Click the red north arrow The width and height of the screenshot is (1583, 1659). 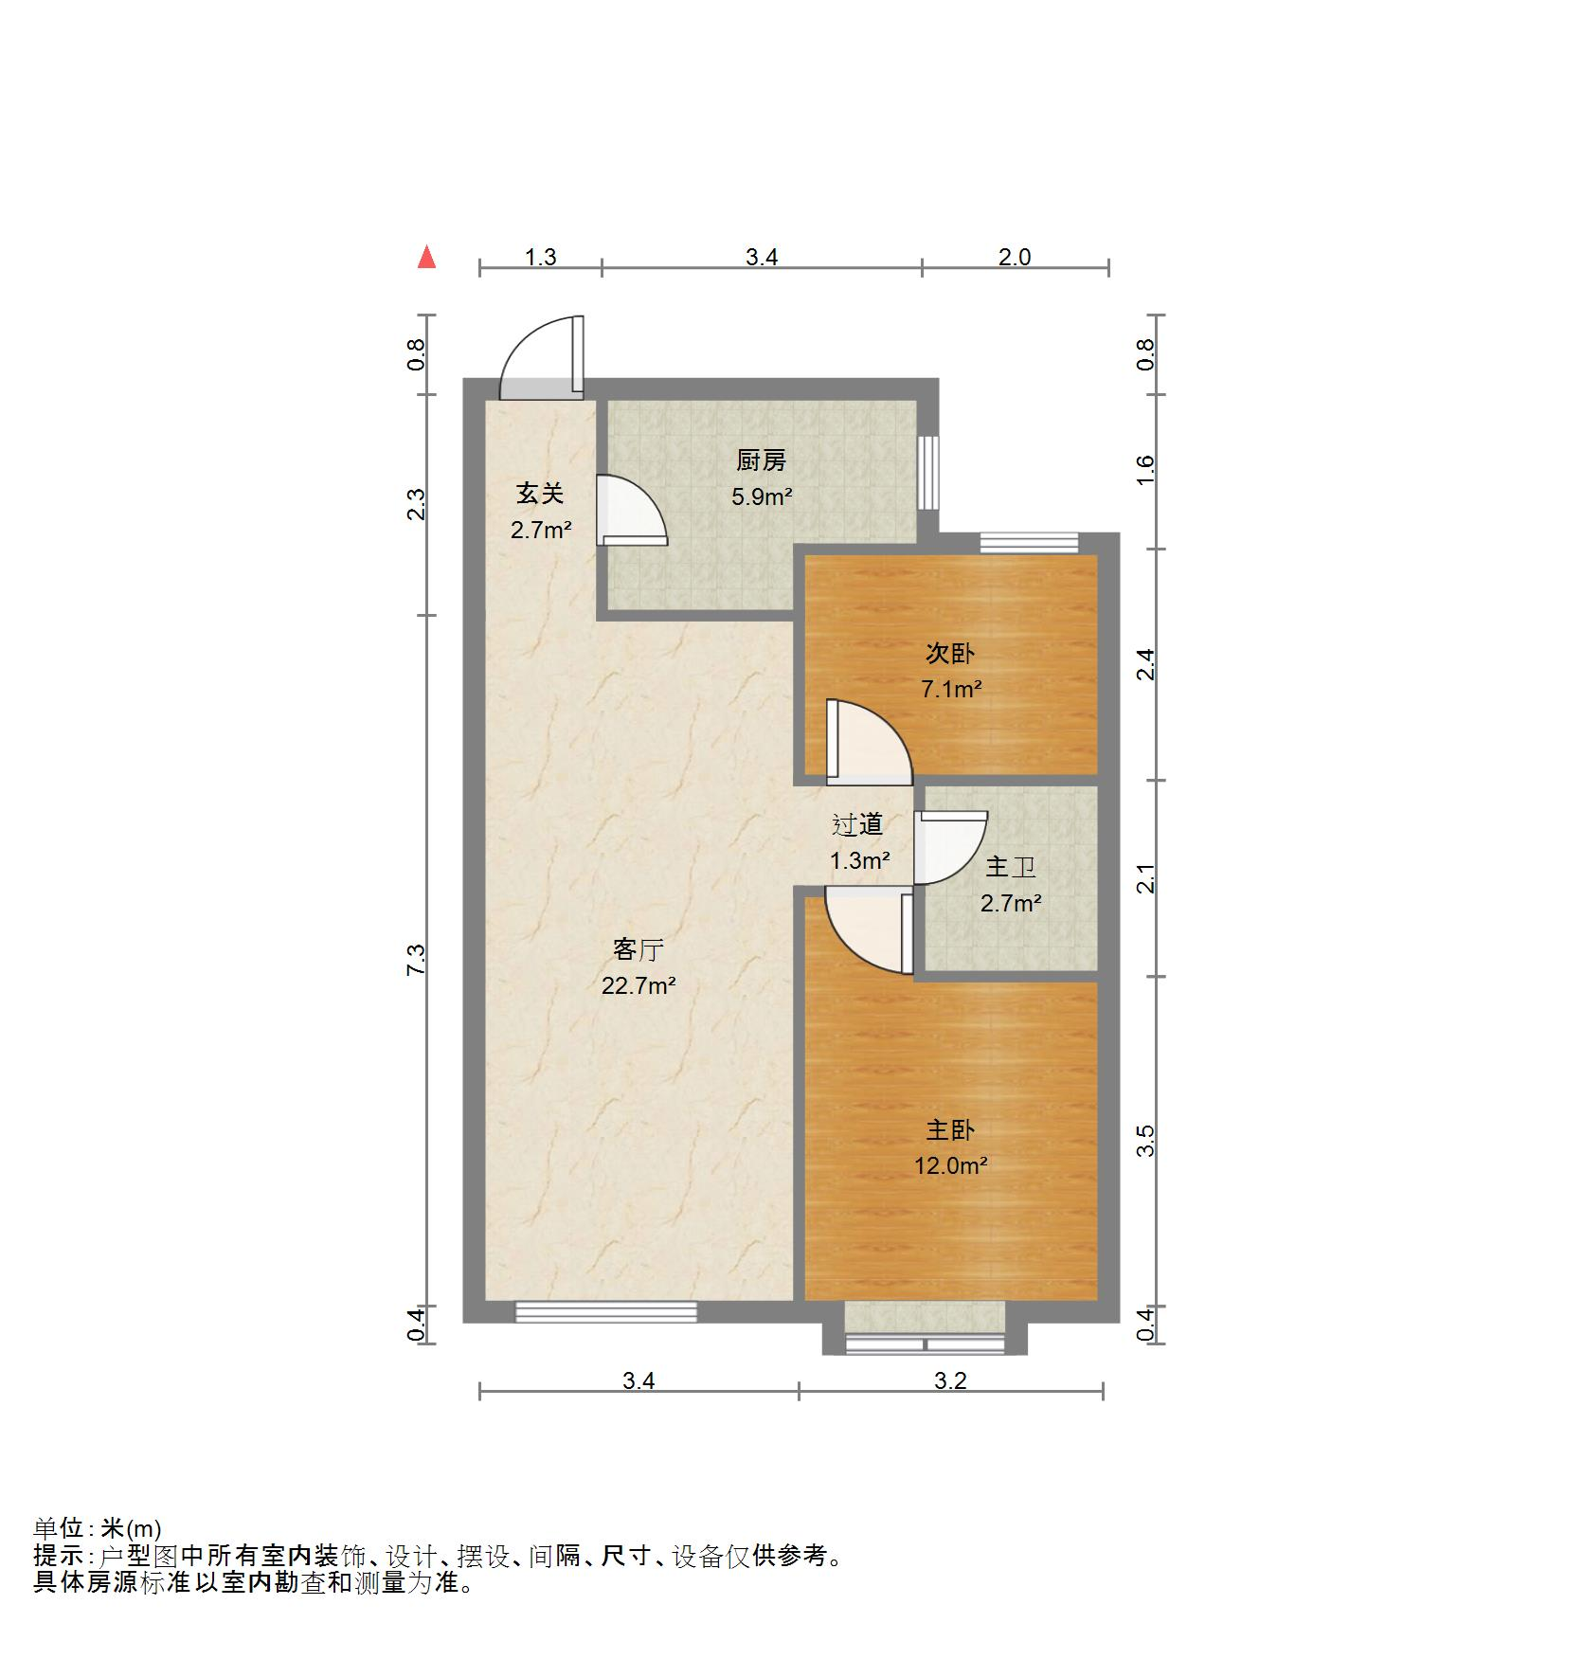427,257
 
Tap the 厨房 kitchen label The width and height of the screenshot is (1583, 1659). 761,461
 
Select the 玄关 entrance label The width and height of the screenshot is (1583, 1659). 540,494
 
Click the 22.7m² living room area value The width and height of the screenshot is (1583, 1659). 638,986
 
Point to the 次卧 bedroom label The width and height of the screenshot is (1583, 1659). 949,654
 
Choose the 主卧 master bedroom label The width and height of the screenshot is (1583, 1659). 949,1130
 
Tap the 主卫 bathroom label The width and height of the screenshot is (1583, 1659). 1010,867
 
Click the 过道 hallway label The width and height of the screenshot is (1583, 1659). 857,825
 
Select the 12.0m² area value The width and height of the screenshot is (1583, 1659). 949,1166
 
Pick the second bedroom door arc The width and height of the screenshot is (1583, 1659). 867,744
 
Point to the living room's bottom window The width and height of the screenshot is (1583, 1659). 605,1311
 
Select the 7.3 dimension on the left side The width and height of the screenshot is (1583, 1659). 417,960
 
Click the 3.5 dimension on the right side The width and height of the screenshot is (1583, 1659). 1146,1140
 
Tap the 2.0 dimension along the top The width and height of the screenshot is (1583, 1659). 1014,257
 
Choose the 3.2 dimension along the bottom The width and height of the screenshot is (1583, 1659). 949,1380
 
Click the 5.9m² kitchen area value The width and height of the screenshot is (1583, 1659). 761,496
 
